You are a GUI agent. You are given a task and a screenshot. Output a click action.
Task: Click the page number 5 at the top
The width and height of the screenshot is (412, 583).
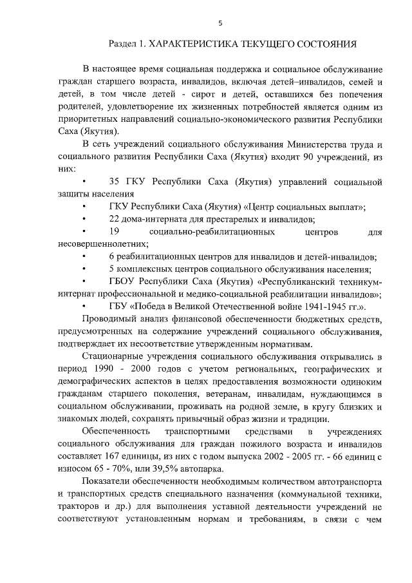click(x=220, y=23)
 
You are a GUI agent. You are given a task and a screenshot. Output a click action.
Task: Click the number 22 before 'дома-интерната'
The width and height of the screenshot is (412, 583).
click(x=116, y=219)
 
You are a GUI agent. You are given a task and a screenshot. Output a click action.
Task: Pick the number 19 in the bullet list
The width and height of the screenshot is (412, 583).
click(x=115, y=231)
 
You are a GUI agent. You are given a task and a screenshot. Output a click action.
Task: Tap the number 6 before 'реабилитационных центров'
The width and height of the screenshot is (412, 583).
click(x=112, y=257)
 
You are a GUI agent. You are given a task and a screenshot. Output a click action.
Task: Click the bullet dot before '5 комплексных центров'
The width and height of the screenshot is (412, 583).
click(x=86, y=269)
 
